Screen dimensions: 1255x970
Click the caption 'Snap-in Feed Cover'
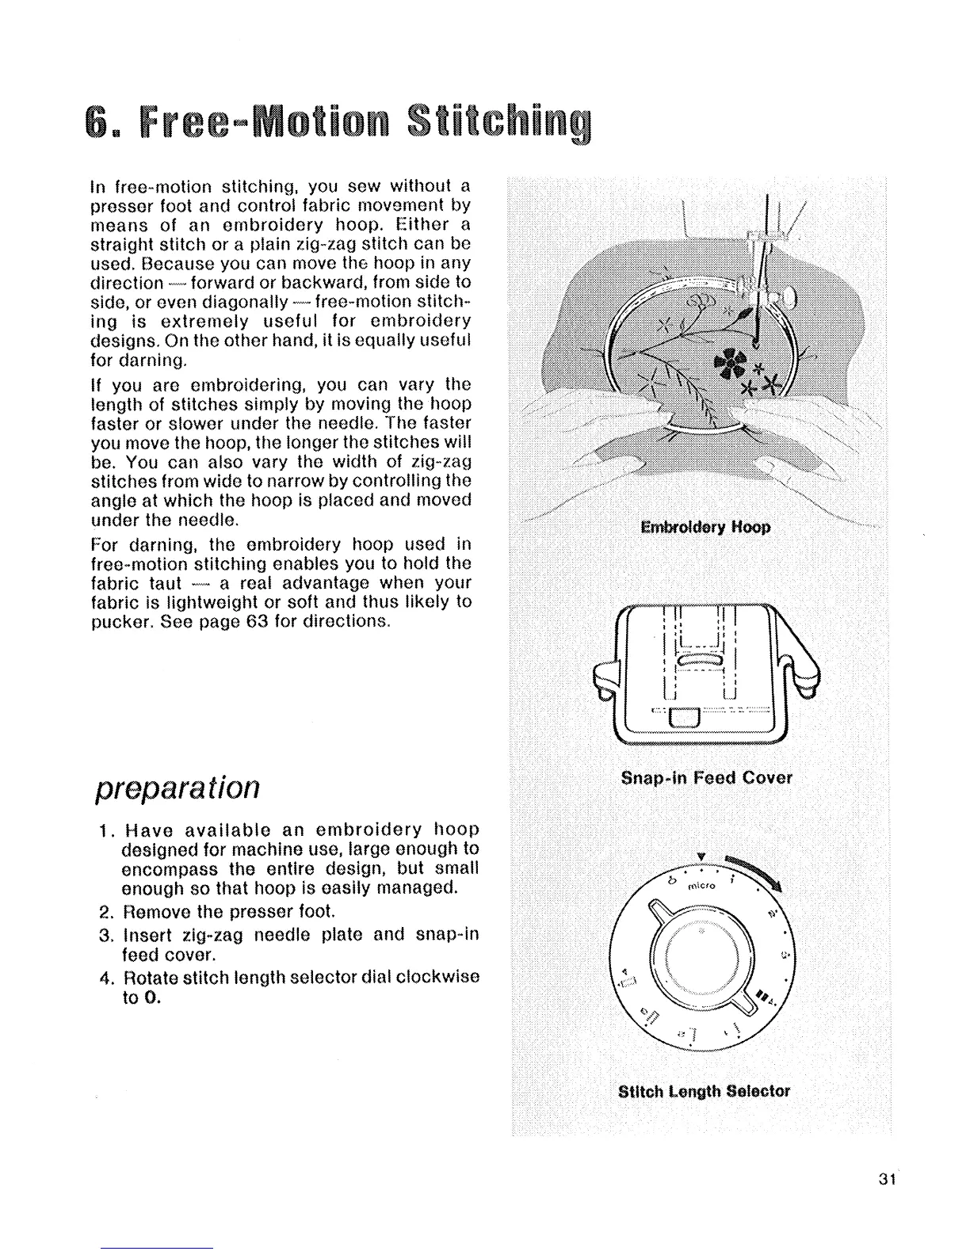tap(706, 778)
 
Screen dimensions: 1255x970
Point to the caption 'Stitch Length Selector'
tap(704, 1091)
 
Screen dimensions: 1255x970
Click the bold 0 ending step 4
tap(154, 997)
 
